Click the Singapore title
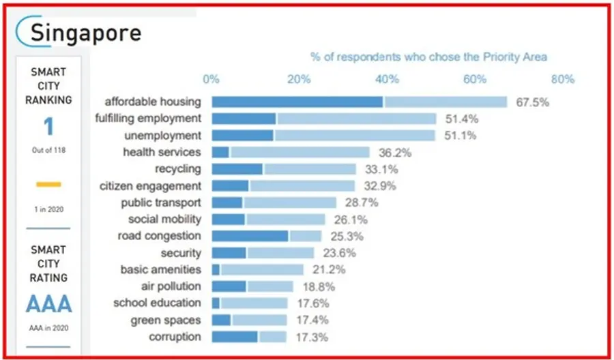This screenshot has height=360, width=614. (86, 32)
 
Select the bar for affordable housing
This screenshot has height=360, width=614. (359, 102)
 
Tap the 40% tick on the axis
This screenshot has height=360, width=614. (387, 79)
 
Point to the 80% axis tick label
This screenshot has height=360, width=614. (562, 79)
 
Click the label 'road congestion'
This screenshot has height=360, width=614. (159, 236)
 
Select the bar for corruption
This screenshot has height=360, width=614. (249, 337)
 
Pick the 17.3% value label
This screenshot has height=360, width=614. (311, 337)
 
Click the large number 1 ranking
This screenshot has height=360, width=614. (48, 127)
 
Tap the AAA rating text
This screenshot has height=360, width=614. (48, 304)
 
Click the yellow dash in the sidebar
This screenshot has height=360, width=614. (48, 184)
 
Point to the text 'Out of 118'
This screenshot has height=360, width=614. (48, 149)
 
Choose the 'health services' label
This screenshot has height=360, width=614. (162, 152)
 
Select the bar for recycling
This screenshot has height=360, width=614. (284, 169)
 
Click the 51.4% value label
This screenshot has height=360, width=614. (462, 119)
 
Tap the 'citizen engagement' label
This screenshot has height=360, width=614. (150, 185)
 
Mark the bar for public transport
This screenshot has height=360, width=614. (274, 202)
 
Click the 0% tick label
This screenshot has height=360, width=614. (211, 79)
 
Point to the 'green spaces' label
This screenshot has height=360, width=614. (166, 320)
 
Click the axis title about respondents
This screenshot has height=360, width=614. (428, 57)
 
